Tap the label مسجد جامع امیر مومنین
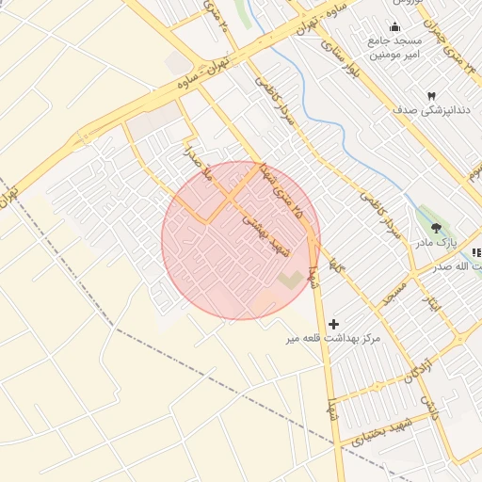click(x=394, y=48)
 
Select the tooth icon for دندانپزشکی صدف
click(x=431, y=96)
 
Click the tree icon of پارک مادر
click(x=435, y=228)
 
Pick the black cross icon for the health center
click(x=333, y=324)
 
